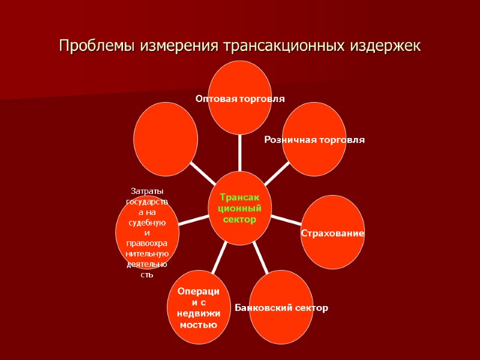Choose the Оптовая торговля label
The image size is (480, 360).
pos(240,98)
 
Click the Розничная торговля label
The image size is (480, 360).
pos(314,140)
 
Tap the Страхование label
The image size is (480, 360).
pos(332,232)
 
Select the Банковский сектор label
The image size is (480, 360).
pos(281,308)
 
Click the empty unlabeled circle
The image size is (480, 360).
pos(166,139)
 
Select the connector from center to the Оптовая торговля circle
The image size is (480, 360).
pos(239,153)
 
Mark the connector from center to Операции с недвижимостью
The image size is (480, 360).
pos(219,258)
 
